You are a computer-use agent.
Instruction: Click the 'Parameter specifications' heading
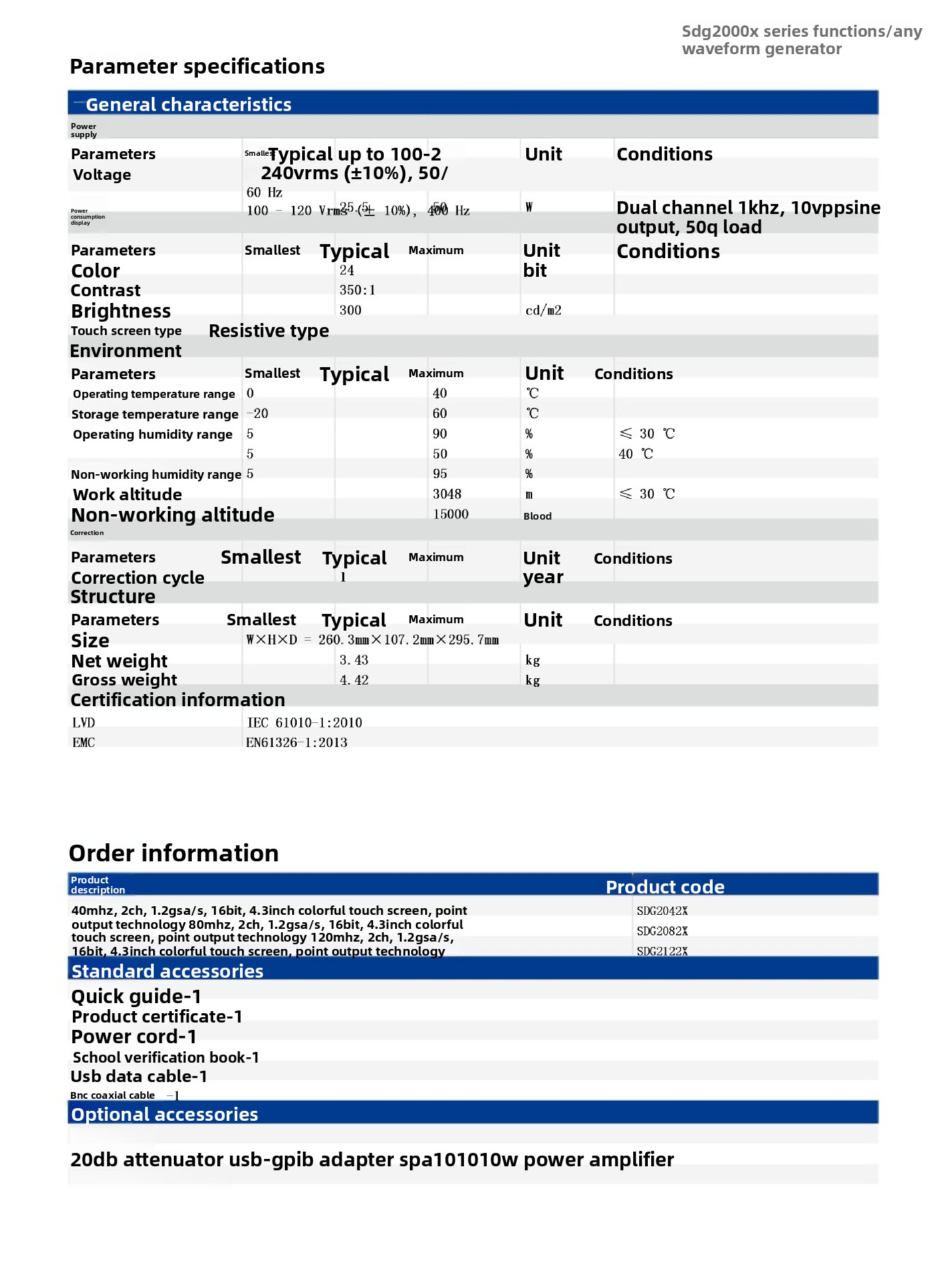click(197, 67)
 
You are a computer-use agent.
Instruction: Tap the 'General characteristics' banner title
click(189, 105)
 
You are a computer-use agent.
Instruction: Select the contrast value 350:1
click(357, 290)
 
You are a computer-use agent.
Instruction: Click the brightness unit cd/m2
click(543, 310)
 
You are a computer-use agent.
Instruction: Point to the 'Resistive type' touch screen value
click(269, 331)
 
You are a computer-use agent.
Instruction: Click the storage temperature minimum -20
click(257, 414)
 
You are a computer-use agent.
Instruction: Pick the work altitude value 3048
click(447, 494)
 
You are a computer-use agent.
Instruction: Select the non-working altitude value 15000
click(451, 514)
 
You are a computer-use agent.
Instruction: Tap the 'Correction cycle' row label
click(138, 578)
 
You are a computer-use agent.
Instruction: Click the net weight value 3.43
click(354, 660)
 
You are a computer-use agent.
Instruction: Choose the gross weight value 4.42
click(354, 680)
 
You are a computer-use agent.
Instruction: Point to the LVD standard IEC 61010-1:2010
click(304, 723)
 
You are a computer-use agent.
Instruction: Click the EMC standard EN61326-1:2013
click(297, 743)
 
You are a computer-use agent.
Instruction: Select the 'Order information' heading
click(174, 853)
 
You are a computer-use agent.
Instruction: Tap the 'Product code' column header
click(665, 887)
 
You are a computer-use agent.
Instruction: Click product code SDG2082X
click(662, 931)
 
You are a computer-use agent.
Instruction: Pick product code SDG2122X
click(662, 951)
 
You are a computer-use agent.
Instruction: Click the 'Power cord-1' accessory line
click(134, 1037)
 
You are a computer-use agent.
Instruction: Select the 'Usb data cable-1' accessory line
click(139, 1077)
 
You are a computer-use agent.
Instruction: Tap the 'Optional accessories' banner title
click(164, 1115)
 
